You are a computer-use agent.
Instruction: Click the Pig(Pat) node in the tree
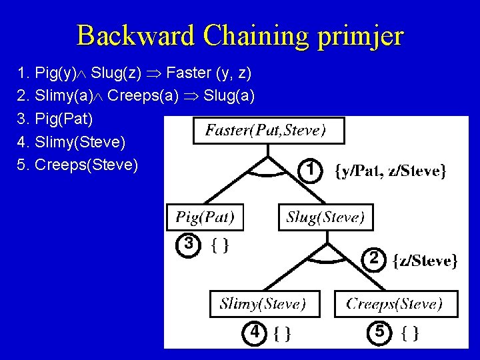click(205, 217)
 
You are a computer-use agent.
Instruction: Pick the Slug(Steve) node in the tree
click(325, 217)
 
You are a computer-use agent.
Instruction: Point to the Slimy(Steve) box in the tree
click(264, 303)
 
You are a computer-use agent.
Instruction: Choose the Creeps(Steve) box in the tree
click(396, 303)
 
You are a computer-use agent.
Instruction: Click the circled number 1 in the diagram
click(308, 171)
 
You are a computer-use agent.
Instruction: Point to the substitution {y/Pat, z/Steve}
click(390, 171)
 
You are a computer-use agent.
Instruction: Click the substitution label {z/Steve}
click(425, 260)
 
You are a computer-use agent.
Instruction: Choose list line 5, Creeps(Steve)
click(86, 164)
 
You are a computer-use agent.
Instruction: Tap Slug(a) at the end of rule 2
click(229, 95)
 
